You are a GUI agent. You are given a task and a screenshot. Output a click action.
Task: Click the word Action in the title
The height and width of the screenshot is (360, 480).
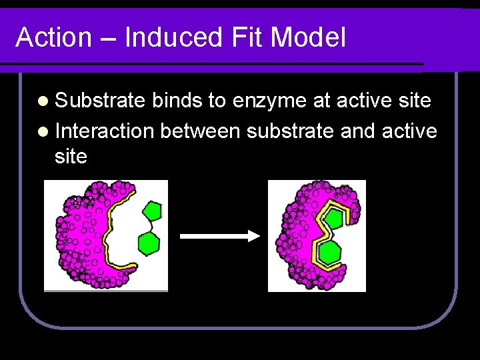pyautogui.click(x=53, y=37)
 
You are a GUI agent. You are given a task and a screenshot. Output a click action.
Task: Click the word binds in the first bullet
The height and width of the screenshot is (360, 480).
pyautogui.click(x=177, y=101)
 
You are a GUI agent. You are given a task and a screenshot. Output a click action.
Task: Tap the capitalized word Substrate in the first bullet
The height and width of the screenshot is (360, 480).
pyautogui.click(x=100, y=101)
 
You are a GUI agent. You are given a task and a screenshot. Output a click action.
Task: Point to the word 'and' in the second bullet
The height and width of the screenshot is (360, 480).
pyautogui.click(x=357, y=131)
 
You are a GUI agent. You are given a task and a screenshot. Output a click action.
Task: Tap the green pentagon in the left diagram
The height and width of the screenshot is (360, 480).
pyautogui.click(x=153, y=211)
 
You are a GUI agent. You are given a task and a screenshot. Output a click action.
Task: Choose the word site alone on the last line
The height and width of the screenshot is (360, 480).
pyautogui.click(x=71, y=157)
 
